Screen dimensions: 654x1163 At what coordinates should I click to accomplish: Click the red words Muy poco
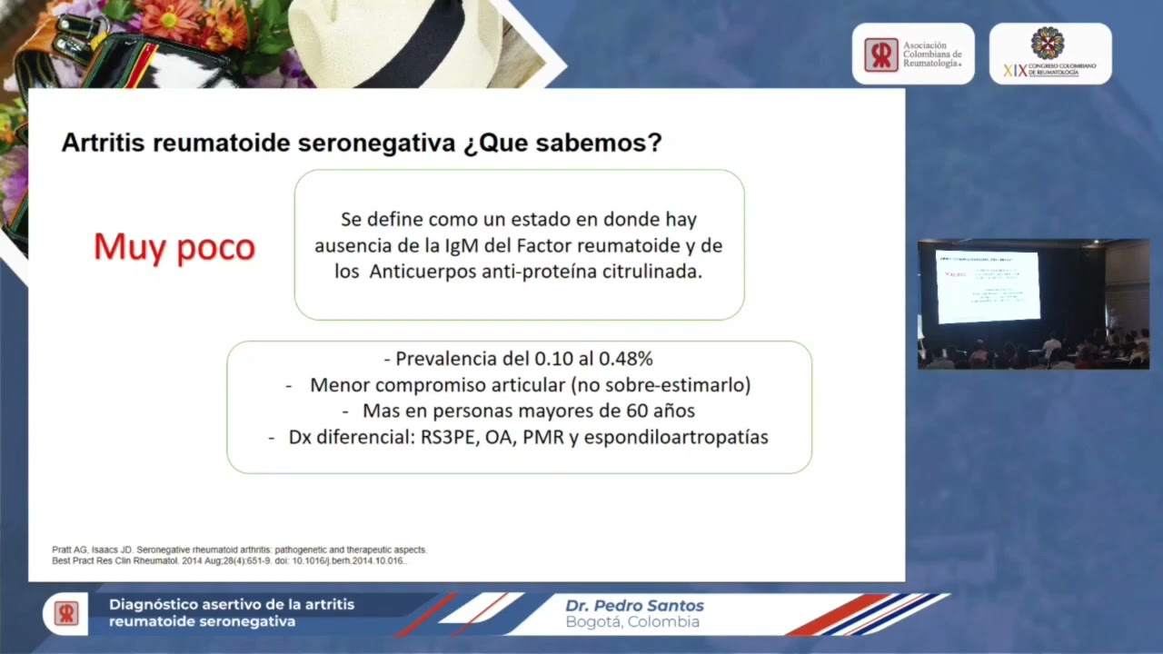point(174,247)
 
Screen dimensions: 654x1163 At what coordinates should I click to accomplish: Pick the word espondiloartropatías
point(676,437)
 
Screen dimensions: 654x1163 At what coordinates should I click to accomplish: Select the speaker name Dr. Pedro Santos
point(634,606)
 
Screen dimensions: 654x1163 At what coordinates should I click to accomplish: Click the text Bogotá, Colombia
point(632,622)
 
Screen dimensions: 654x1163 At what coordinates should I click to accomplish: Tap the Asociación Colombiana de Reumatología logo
point(912,54)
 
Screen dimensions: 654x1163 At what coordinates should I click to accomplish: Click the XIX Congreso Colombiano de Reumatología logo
point(1049,54)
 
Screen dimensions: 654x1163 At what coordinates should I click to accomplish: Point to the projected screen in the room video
point(988,286)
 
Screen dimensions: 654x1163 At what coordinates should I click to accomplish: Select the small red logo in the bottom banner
point(65,613)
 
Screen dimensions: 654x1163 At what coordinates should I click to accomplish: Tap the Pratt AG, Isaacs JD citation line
point(239,550)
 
